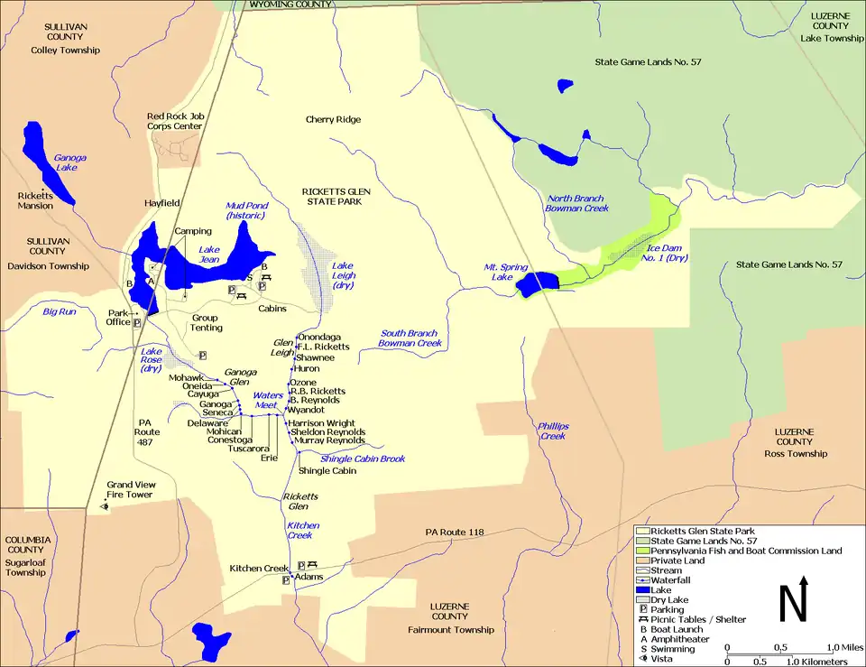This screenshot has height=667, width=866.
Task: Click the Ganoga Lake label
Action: click(69, 162)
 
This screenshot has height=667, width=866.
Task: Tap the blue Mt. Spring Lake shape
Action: click(538, 283)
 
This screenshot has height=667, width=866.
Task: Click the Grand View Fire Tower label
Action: click(132, 490)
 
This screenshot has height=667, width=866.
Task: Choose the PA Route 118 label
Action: click(455, 533)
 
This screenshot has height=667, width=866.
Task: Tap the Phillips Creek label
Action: click(553, 430)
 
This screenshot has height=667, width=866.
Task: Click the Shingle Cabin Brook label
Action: click(363, 459)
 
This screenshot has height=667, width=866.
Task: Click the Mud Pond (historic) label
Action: click(246, 211)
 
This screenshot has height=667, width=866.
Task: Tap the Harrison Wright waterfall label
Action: click(322, 422)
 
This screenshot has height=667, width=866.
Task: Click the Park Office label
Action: click(119, 317)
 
